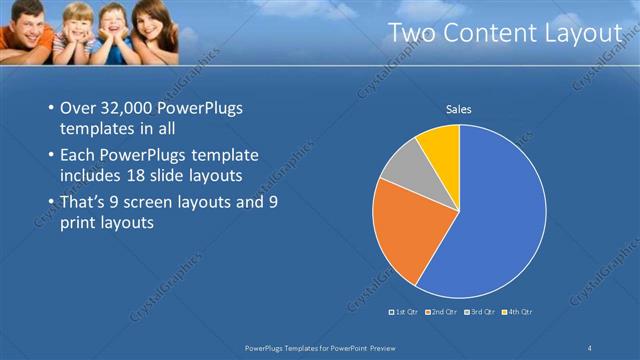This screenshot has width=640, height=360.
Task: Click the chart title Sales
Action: pos(459,109)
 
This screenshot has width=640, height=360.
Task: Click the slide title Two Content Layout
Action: pos(504,34)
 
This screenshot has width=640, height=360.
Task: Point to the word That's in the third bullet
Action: pos(84,203)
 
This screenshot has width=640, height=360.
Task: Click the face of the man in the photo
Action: pos(28,19)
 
